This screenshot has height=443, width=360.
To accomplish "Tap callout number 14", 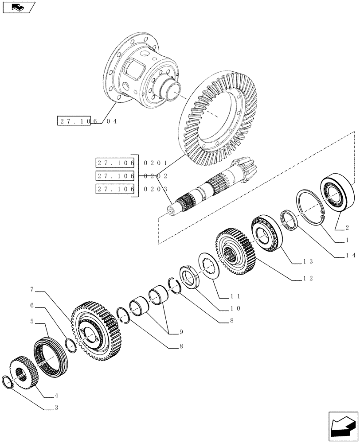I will point(351,256).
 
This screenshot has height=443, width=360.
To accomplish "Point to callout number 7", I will point(32,289).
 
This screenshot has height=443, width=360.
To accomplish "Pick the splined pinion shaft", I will point(208,190).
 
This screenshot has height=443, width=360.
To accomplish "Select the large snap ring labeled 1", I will point(311,208).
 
